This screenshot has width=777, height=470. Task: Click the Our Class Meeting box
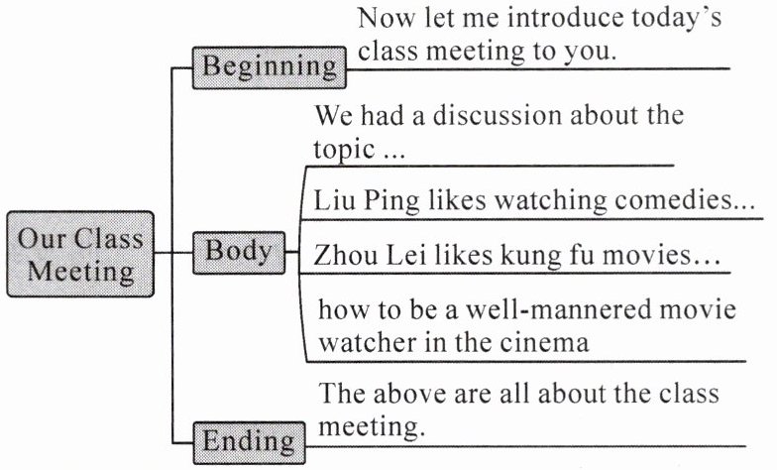[80, 254]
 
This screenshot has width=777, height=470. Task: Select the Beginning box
[269, 66]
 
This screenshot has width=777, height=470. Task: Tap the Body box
[238, 251]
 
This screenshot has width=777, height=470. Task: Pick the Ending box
[249, 439]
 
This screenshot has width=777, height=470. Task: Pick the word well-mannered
[559, 310]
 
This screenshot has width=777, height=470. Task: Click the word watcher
[366, 343]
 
